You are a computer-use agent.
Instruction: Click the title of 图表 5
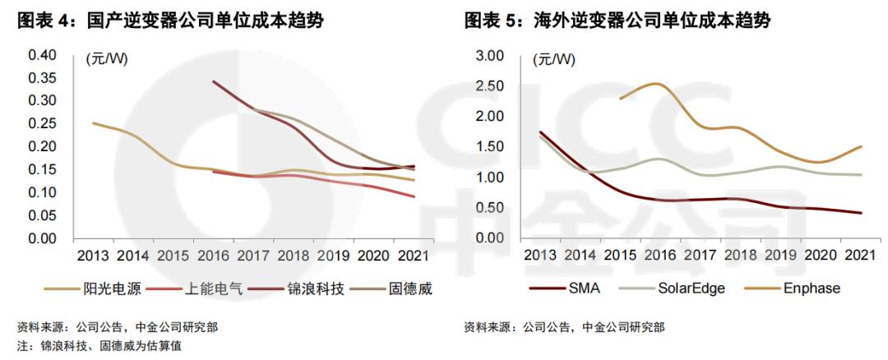coord(617,21)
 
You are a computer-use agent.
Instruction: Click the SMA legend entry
coord(567,288)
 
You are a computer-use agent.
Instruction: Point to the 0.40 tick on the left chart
coord(43,55)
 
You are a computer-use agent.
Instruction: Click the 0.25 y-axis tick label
coord(43,124)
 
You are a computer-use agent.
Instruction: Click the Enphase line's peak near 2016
coord(655,83)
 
